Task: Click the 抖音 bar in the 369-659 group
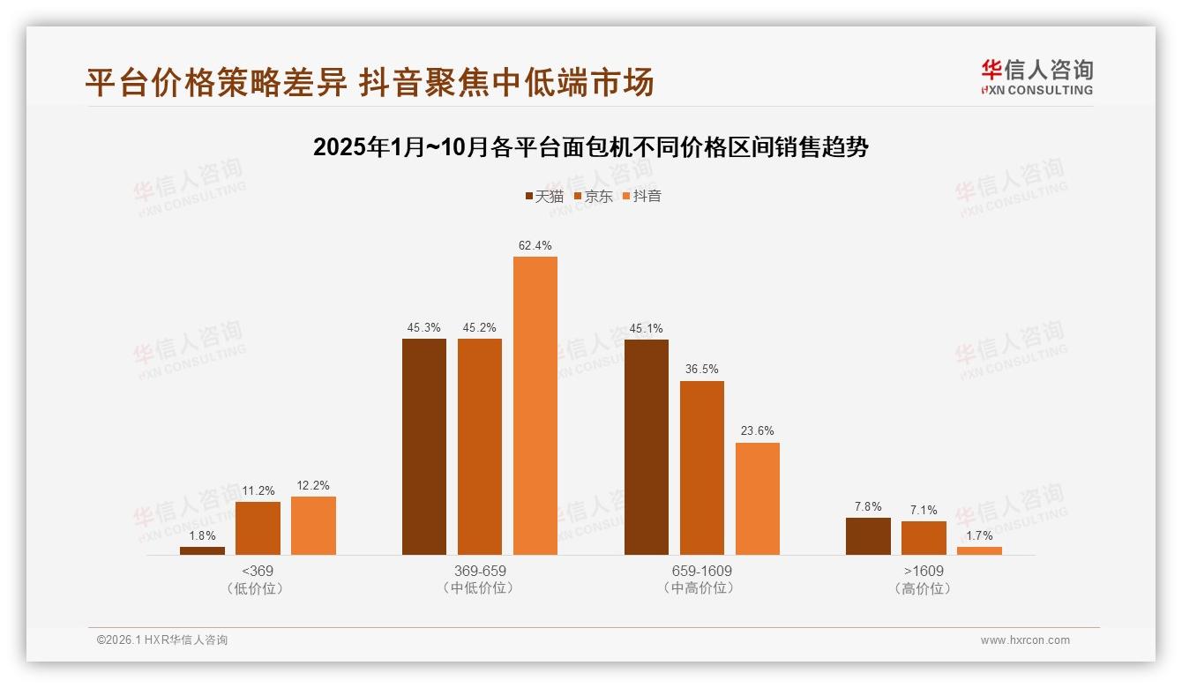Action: click(535, 406)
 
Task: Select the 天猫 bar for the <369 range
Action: click(202, 550)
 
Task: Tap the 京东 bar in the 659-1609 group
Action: click(701, 467)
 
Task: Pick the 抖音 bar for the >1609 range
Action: click(979, 550)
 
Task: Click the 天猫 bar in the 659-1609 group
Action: click(646, 447)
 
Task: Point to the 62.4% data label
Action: click(535, 245)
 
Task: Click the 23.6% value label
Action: click(757, 431)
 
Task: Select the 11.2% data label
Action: click(258, 490)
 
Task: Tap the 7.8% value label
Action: click(868, 506)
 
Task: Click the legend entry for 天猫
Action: click(544, 196)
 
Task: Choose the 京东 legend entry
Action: click(594, 196)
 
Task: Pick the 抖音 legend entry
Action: click(642, 196)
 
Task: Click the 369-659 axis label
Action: click(479, 571)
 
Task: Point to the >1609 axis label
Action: click(923, 571)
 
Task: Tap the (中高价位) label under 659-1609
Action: click(701, 588)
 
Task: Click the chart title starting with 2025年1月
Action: click(591, 147)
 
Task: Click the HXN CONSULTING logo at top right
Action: click(1037, 78)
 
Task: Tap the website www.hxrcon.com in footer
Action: click(1025, 640)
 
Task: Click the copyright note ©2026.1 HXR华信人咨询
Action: click(162, 640)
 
